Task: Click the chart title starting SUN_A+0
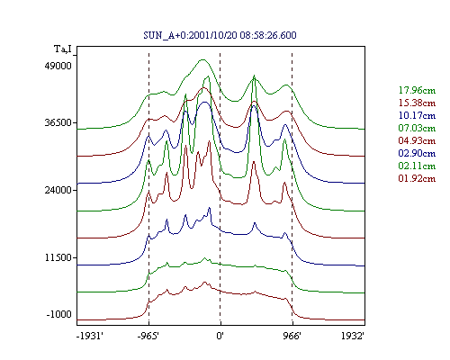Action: click(x=220, y=35)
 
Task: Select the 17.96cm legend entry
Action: click(x=417, y=90)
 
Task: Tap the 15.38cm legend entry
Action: click(x=417, y=103)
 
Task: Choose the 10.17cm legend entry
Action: click(x=417, y=115)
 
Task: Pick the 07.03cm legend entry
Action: click(x=417, y=128)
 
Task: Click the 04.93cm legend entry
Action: click(x=417, y=140)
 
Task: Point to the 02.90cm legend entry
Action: click(x=417, y=153)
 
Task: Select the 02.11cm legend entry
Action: click(x=417, y=166)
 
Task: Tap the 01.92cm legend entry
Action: click(x=417, y=178)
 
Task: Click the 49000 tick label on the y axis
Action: click(x=58, y=66)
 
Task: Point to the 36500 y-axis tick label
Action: click(x=58, y=122)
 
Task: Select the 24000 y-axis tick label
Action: click(x=58, y=190)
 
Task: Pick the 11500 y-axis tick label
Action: click(x=58, y=257)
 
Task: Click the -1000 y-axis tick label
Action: click(x=59, y=314)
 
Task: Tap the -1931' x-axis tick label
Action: click(x=90, y=336)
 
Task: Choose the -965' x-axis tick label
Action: click(x=148, y=336)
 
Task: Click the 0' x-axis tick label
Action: click(x=220, y=336)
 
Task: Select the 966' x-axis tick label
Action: click(x=292, y=336)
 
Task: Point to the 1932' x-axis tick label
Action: click(x=353, y=336)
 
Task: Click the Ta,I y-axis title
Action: click(x=63, y=49)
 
